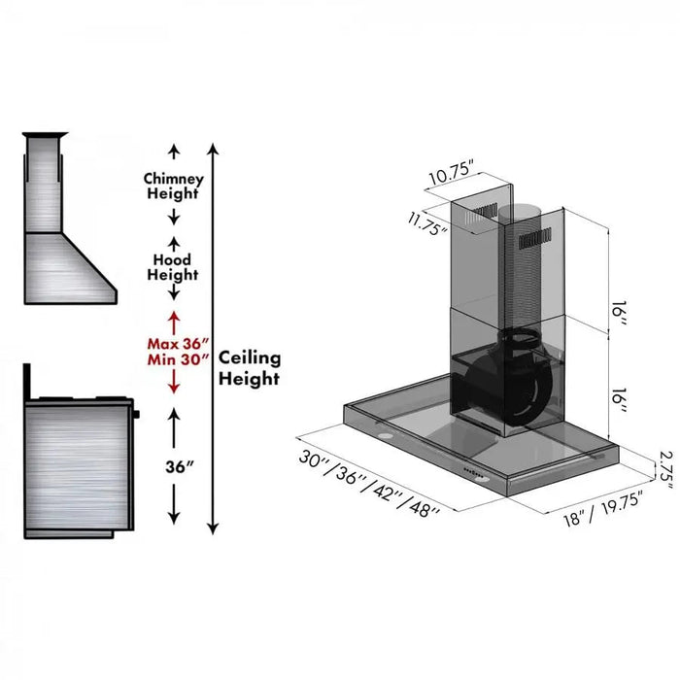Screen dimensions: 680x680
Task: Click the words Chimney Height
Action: point(174,186)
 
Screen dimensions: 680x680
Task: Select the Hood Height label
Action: point(174,267)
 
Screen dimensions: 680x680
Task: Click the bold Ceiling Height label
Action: point(249,368)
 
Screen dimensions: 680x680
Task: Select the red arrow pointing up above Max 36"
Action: point(175,320)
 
